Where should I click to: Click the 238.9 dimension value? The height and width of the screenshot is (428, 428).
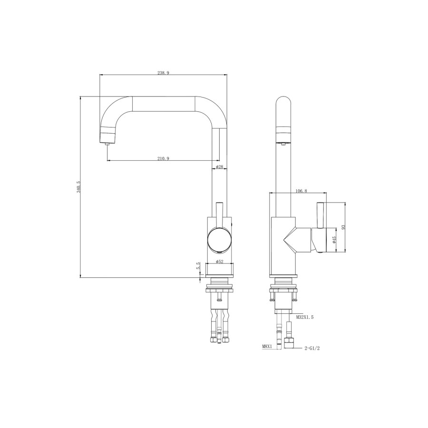(x=163, y=73)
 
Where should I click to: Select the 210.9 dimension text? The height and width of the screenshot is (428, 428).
(x=163, y=158)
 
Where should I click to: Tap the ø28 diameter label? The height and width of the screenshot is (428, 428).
(x=219, y=167)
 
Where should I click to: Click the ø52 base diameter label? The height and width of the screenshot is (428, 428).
(x=219, y=262)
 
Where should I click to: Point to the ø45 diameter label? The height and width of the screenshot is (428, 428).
(x=334, y=240)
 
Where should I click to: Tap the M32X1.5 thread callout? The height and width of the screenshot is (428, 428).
(x=306, y=316)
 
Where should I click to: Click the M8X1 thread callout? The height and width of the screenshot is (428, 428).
(x=267, y=347)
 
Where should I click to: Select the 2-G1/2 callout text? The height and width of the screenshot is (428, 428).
(x=312, y=348)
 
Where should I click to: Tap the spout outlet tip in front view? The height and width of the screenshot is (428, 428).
(x=107, y=138)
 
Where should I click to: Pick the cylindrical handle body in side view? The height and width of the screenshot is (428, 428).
(x=318, y=240)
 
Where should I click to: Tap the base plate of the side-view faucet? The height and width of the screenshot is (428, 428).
(x=284, y=276)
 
